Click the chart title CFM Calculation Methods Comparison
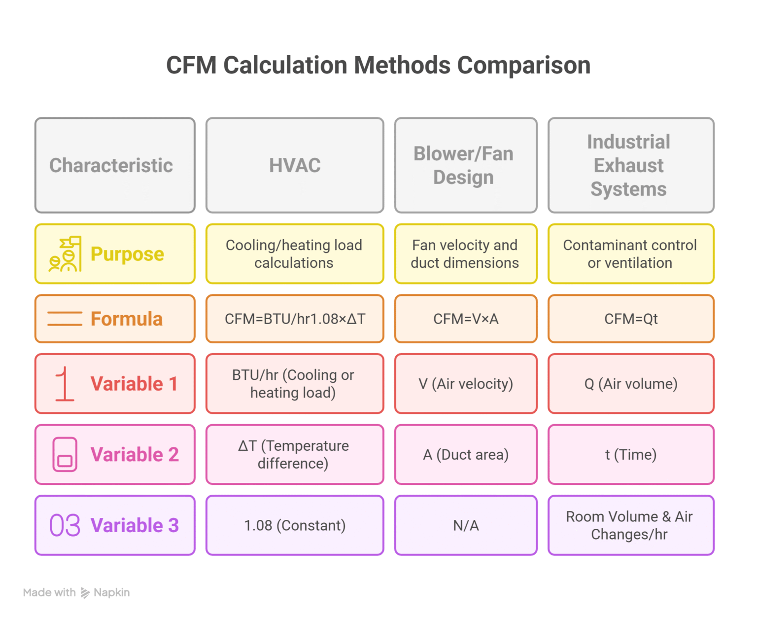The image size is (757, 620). (378, 65)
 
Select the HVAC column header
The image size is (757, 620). (295, 165)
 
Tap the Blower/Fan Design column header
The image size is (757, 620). (466, 165)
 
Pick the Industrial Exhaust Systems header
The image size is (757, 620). (630, 165)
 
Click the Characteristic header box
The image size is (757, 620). (115, 165)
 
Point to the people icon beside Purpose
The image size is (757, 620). (65, 254)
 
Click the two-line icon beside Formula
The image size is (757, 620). (65, 319)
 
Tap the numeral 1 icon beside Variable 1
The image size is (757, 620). (64, 384)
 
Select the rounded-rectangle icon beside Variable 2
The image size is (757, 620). (65, 454)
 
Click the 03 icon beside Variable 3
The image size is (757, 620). (65, 525)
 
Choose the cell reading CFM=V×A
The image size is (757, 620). (466, 319)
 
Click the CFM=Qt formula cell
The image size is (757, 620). (630, 319)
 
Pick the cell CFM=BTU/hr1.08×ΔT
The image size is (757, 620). (295, 319)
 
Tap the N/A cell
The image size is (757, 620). (466, 525)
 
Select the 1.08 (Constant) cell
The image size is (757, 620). (295, 525)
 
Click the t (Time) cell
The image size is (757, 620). (630, 454)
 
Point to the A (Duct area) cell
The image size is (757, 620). (466, 454)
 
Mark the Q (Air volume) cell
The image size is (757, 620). (630, 384)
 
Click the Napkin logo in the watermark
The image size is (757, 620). (85, 592)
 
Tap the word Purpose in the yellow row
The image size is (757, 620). (127, 254)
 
